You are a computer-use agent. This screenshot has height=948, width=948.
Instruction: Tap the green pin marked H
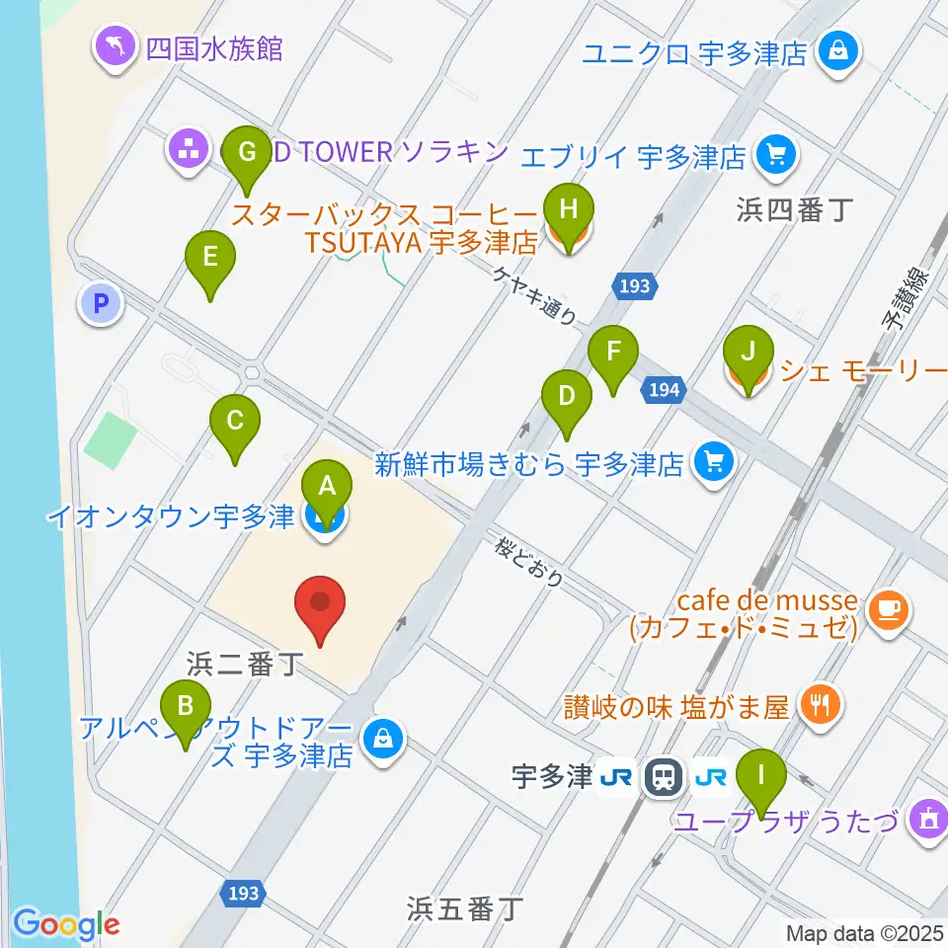click(567, 208)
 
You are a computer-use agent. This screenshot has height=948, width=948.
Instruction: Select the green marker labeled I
click(760, 773)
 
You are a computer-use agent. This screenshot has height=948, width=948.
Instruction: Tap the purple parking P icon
click(100, 304)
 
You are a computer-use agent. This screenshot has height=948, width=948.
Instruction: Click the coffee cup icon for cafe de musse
click(889, 611)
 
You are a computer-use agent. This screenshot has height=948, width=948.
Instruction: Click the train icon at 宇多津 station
click(660, 779)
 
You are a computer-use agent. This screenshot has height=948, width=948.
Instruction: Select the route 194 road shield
click(664, 391)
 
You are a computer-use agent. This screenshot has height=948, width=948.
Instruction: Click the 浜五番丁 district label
click(464, 908)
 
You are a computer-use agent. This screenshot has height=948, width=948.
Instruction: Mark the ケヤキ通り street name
click(535, 295)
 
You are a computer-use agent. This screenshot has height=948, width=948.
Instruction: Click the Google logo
click(67, 924)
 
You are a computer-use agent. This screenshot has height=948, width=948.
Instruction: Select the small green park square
click(110, 440)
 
